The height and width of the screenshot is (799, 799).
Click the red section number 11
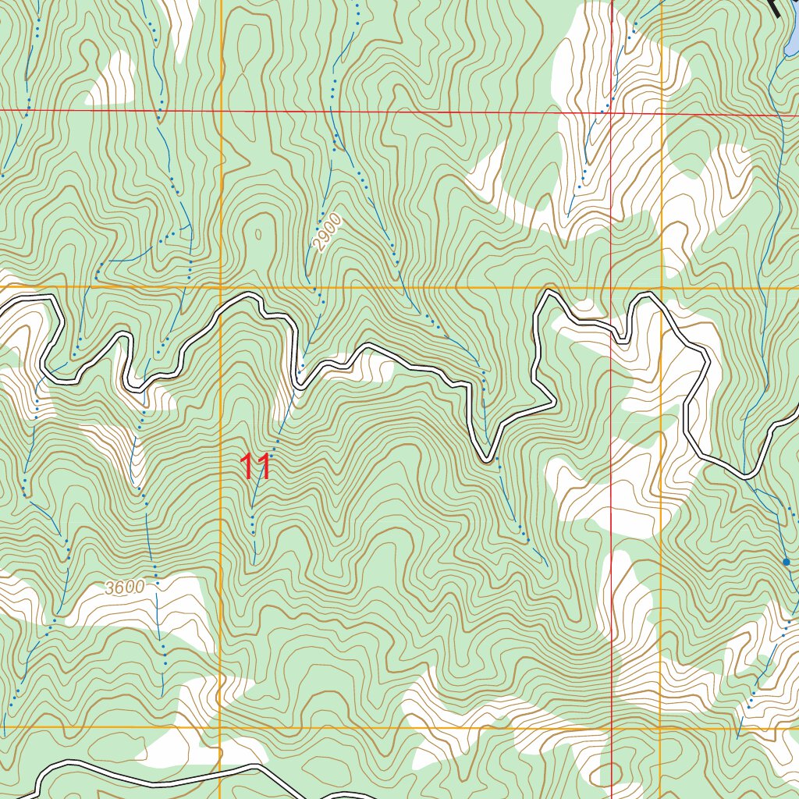[256, 467]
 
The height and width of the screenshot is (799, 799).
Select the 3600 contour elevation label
[124, 588]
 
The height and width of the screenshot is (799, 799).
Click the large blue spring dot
[787, 562]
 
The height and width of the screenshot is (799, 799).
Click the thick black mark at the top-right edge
[775, 8]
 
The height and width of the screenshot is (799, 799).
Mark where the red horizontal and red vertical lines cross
[611, 113]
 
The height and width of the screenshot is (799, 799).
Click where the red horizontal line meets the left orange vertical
[221, 112]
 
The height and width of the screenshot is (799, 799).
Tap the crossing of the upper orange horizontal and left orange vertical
[221, 287]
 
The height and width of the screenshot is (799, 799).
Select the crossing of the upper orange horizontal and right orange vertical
[662, 288]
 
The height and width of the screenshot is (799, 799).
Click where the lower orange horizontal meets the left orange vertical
[221, 728]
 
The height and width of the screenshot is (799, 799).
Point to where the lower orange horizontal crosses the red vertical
[611, 729]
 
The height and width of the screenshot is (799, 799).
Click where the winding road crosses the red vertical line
[611, 327]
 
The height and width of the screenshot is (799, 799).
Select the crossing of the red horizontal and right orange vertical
[662, 114]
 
